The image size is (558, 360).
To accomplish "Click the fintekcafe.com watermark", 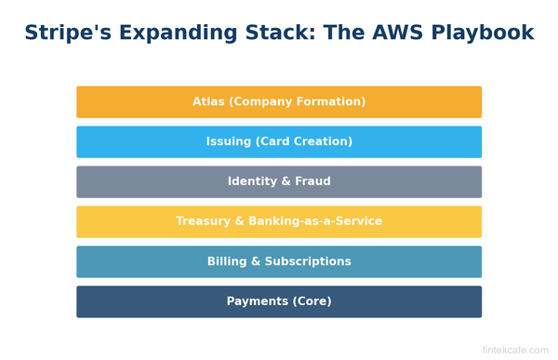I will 515,351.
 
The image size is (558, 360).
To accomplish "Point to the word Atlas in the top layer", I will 209,102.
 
